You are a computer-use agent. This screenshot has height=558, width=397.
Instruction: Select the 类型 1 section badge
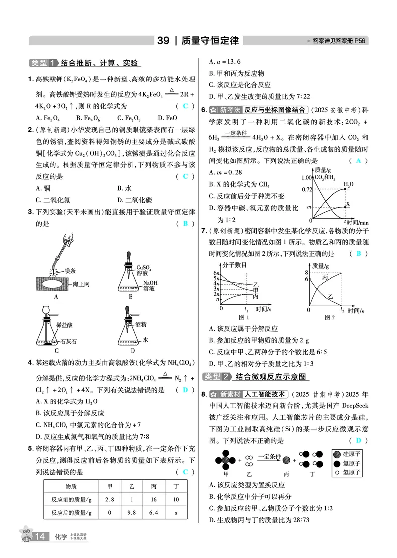pyautogui.click(x=42, y=63)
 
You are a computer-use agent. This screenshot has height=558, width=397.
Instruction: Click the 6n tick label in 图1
pyautogui.click(x=216, y=273)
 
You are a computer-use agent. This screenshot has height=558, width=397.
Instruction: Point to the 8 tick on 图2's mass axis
pyautogui.click(x=307, y=273)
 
